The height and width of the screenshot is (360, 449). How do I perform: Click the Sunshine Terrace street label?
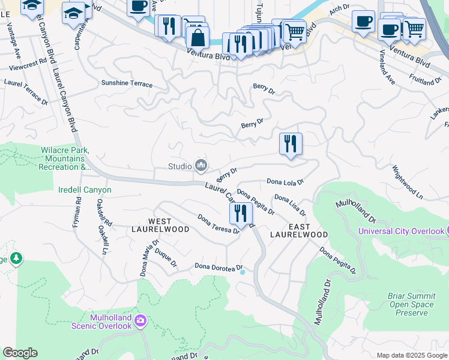coord(127,83)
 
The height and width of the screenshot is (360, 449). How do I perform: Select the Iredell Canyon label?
coord(85,190)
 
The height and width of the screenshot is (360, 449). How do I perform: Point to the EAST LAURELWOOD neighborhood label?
coord(299,230)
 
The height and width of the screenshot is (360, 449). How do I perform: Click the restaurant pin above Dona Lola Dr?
coord(291,145)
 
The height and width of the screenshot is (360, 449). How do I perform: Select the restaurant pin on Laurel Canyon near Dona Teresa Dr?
coord(240,213)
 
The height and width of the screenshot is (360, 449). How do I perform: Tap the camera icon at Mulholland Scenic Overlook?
coord(140,321)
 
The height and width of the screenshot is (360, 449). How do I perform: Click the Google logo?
coord(20,353)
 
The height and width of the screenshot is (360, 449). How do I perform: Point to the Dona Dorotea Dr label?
coord(218,266)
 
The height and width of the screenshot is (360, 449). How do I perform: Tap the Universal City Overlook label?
coord(401,231)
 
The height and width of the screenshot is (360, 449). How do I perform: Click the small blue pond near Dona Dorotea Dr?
coord(243,272)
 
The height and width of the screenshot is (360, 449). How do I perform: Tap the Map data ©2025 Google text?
coord(411,355)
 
